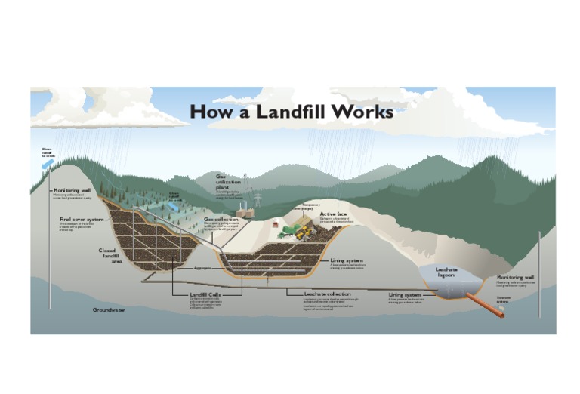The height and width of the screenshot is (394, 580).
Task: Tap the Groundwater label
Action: point(109,310)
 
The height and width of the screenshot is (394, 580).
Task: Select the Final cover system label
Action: point(81,220)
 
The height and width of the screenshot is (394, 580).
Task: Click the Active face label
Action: point(333,214)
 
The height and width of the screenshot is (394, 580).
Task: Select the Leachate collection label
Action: point(327,294)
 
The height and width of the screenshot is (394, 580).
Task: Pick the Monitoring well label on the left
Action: point(72,190)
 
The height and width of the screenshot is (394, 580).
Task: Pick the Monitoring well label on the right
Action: point(516,278)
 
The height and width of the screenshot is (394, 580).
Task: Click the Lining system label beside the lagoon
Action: point(405,294)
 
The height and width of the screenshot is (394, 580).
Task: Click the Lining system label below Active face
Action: point(347,260)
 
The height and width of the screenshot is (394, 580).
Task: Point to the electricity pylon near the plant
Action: point(258,199)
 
